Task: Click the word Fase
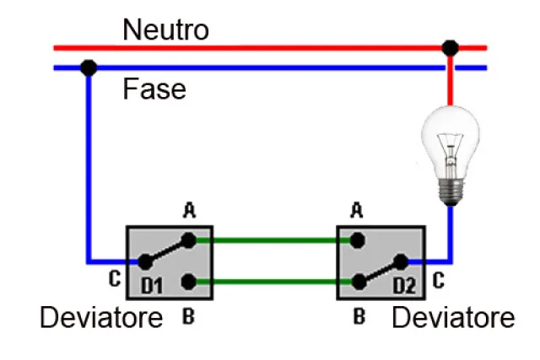click(x=154, y=89)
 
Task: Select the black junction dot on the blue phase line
click(x=88, y=67)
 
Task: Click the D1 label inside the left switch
click(x=152, y=287)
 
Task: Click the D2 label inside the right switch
click(x=405, y=287)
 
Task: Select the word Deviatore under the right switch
click(x=453, y=318)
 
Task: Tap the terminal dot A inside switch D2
click(x=358, y=240)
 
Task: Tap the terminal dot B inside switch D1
click(x=190, y=282)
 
